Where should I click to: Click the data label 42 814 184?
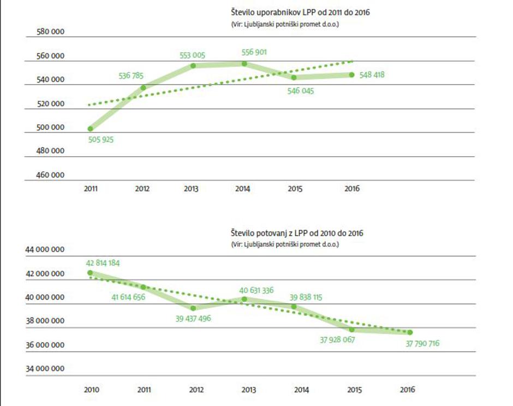click(103, 262)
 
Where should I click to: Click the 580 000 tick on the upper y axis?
click(51, 32)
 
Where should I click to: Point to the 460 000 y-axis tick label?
click(51, 175)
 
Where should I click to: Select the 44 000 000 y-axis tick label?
click(45, 249)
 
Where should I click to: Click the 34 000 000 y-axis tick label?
click(45, 369)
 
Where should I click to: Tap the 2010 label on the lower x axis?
click(91, 390)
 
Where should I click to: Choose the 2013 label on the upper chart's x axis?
click(191, 189)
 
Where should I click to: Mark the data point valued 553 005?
click(193, 66)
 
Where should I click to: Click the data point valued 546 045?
click(294, 77)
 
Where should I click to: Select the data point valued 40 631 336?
click(244, 299)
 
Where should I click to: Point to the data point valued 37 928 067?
click(352, 329)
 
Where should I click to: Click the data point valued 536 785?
click(143, 87)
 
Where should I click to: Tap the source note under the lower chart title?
click(284, 244)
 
